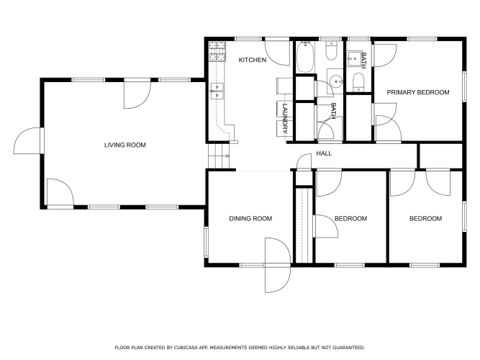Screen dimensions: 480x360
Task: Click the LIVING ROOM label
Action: click(x=125, y=145)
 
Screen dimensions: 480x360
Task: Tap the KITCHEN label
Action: click(x=253, y=60)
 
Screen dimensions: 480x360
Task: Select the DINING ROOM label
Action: click(x=250, y=218)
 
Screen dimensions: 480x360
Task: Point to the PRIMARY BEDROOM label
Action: click(x=418, y=92)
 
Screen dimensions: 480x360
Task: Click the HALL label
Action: click(x=324, y=153)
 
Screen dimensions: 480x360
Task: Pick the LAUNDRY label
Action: click(x=285, y=118)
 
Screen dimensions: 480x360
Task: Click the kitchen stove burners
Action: click(x=217, y=51)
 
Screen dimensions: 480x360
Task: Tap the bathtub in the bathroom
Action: click(x=305, y=57)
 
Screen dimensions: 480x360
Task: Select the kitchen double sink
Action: click(x=217, y=91)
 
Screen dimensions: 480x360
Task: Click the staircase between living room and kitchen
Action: click(x=219, y=156)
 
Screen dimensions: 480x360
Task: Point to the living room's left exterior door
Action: click(x=28, y=140)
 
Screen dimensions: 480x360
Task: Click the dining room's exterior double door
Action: click(x=277, y=265)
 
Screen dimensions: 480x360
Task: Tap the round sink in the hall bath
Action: click(x=336, y=81)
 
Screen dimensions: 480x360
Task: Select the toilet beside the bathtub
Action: click(x=331, y=51)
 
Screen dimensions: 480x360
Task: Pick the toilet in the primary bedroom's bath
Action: click(x=358, y=82)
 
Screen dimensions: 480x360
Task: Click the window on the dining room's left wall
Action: click(x=207, y=242)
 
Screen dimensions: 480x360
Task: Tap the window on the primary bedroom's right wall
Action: click(x=464, y=86)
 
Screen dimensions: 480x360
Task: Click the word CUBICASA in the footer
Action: click(x=186, y=348)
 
